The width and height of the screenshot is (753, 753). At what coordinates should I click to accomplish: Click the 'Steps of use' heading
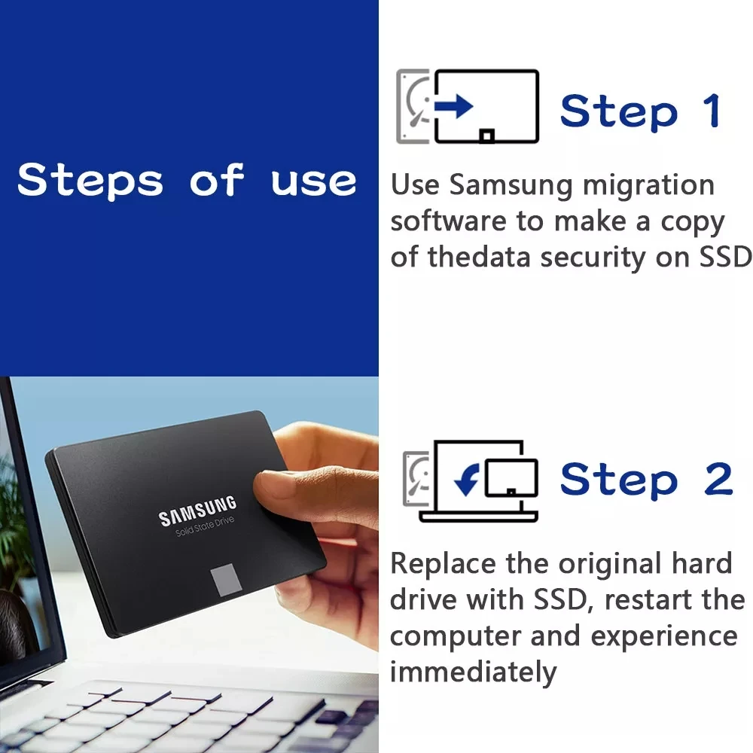click(187, 181)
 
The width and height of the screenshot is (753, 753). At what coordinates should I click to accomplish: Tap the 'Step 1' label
click(641, 111)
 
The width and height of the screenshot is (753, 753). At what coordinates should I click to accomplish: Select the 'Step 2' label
click(646, 479)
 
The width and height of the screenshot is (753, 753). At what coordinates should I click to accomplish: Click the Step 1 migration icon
click(468, 106)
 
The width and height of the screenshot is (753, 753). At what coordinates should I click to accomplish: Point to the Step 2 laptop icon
click(471, 481)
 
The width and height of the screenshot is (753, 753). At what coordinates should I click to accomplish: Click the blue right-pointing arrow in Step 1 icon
click(455, 106)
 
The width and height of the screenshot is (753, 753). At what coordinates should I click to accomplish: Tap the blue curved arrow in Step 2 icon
click(466, 479)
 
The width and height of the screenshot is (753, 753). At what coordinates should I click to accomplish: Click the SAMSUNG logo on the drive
click(197, 511)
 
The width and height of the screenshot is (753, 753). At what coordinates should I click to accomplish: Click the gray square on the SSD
click(225, 579)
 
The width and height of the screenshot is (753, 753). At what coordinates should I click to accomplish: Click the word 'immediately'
click(473, 672)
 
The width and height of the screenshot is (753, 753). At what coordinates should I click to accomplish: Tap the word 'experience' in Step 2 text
click(663, 636)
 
